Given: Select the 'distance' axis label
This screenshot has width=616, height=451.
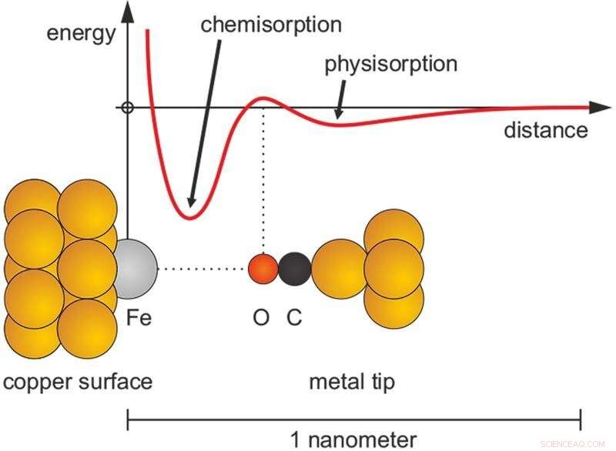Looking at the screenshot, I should pyautogui.click(x=545, y=130).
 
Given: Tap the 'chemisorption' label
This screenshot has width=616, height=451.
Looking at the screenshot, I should pyautogui.click(x=270, y=24).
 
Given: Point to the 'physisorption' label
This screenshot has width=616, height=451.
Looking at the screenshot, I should pyautogui.click(x=390, y=63).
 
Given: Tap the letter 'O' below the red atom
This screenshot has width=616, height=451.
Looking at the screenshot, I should pyautogui.click(x=262, y=317).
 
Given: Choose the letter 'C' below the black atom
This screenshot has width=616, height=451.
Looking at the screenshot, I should pyautogui.click(x=294, y=317).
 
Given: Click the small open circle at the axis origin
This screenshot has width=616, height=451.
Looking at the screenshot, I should pyautogui.click(x=128, y=108).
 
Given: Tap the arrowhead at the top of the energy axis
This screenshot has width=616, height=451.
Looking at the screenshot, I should pyautogui.click(x=128, y=9).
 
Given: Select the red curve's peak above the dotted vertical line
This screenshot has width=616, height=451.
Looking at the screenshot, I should pyautogui.click(x=263, y=98).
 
